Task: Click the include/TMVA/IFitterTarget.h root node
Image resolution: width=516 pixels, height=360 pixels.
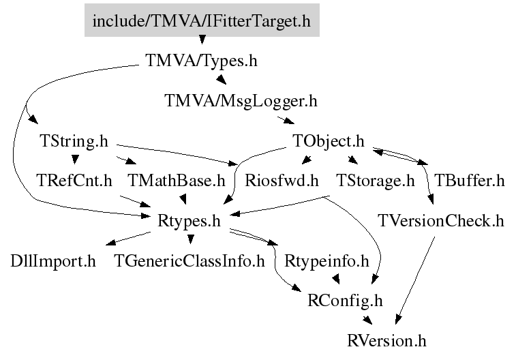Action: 202,21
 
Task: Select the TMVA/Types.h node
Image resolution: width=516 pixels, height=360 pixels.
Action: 202,61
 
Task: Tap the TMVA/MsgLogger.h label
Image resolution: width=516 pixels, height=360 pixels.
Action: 241,101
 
